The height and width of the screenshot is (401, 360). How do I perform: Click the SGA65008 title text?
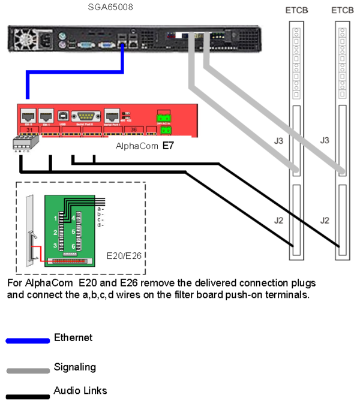pos(110,8)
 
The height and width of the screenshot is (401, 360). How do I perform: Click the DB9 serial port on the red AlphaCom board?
pos(83,116)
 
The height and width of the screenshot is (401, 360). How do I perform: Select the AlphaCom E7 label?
pos(144,146)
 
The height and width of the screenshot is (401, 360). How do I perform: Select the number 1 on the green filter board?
pos(55,218)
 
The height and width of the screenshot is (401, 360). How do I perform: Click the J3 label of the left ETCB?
pos(272,140)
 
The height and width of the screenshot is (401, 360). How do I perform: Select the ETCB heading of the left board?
pos(296,11)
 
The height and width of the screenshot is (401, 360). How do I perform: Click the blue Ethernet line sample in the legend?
pos(28,340)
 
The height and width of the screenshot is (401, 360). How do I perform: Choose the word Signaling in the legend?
pos(74,367)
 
